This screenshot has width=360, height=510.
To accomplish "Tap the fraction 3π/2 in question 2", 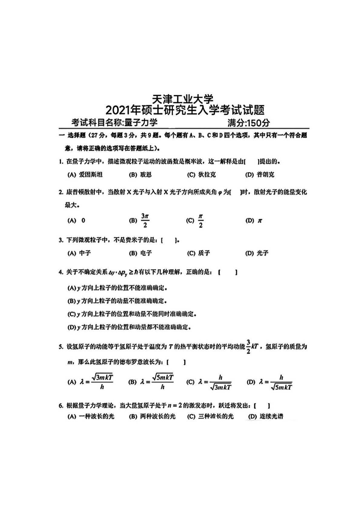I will [x=145, y=220].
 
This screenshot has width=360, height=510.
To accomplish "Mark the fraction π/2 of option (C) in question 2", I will [x=200, y=220].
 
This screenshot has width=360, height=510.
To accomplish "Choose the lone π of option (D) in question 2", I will [x=259, y=221].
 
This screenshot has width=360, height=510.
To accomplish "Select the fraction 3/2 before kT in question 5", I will [x=248, y=346].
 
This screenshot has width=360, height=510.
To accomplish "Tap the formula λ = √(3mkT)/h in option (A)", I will [x=97, y=382].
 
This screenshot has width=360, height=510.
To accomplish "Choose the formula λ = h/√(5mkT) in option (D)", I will [x=276, y=382].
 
